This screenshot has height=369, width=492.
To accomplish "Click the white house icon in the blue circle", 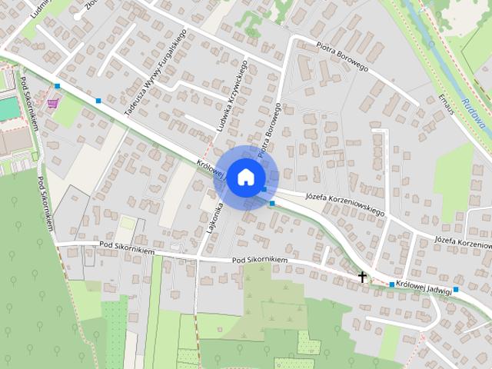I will coord(245,177).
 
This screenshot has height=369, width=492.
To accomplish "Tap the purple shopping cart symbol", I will coord(52,103).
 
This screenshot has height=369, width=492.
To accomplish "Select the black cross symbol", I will coord(362,276).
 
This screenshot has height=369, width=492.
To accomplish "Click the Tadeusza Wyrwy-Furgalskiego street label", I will coord(156,74).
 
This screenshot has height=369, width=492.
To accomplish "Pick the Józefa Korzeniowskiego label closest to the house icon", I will coord(344,202).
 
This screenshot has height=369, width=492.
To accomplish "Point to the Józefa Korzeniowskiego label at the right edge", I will coord(463,241).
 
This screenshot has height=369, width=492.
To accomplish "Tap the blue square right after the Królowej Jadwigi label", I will coord(457,290).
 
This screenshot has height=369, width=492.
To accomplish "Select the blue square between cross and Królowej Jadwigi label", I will coord(391,284).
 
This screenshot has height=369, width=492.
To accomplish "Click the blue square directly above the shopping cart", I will coord(58,86).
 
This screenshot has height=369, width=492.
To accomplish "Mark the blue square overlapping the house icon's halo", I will coord(264,189).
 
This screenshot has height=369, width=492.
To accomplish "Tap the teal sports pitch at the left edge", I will coord(7,108).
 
